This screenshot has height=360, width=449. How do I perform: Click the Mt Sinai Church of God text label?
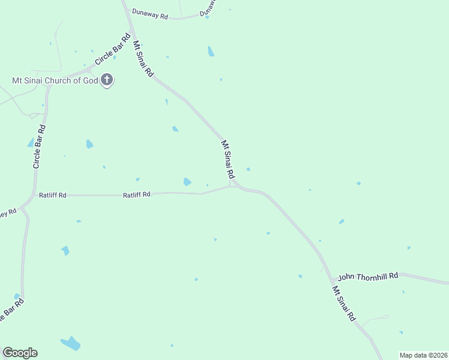(x=55, y=80)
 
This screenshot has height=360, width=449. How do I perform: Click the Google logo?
(x=20, y=353)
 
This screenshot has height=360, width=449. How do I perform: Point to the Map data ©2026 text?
(x=423, y=355)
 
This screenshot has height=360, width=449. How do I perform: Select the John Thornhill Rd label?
(x=368, y=277)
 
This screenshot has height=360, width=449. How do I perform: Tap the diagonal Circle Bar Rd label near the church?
(x=113, y=50)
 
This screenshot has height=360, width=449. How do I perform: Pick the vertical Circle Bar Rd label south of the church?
(x=40, y=146)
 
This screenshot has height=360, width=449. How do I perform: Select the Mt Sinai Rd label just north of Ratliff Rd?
(x=228, y=160)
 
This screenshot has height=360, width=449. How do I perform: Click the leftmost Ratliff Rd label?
(x=53, y=195)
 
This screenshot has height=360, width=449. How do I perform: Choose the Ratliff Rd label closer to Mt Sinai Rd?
(x=137, y=194)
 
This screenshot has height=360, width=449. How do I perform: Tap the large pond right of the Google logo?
(x=71, y=344)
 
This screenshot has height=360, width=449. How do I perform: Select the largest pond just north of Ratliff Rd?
(x=187, y=182)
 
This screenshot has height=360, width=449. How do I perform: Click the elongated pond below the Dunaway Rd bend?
(x=211, y=52)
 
